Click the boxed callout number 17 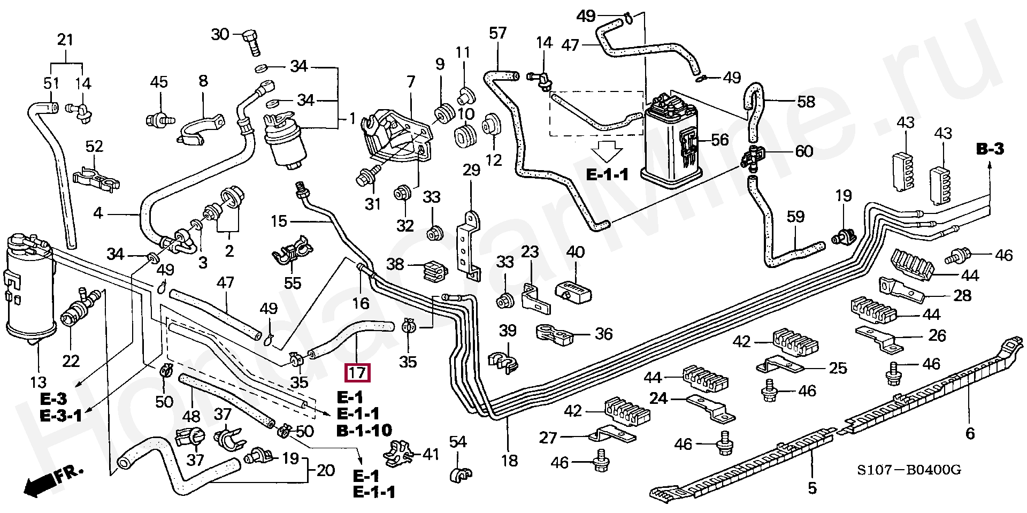click(x=358, y=372)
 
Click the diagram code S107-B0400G click(x=909, y=470)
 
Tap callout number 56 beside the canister click(x=720, y=140)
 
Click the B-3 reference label click(x=990, y=149)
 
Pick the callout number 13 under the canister click(x=39, y=382)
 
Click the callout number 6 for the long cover click(x=970, y=433)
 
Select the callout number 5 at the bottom click(x=812, y=488)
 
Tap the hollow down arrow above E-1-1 click(x=607, y=151)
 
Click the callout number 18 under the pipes click(x=509, y=460)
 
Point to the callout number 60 click(x=804, y=151)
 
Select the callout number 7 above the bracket click(x=410, y=82)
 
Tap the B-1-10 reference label click(x=364, y=430)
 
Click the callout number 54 click(x=458, y=442)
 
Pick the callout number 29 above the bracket click(x=471, y=170)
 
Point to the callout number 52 click(x=94, y=146)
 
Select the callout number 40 click(x=576, y=252)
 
